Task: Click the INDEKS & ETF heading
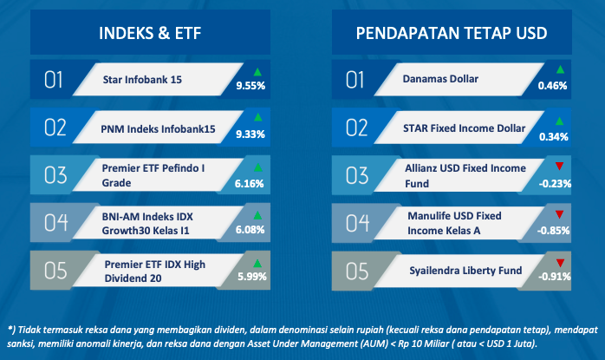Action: click(150, 33)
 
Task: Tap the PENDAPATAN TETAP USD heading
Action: click(452, 33)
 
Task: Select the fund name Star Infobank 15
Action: click(142, 80)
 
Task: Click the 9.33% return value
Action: click(250, 134)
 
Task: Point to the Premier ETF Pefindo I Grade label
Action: click(153, 175)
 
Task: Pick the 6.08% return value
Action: click(250, 230)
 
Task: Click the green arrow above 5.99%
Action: click(257, 264)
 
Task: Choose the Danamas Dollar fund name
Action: click(440, 79)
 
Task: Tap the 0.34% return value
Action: click(554, 137)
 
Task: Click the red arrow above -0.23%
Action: click(559, 166)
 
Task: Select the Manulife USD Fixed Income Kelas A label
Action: click(454, 223)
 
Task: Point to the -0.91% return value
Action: click(555, 277)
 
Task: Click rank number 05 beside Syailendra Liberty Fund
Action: click(357, 271)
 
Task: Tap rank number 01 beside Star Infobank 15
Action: click(53, 80)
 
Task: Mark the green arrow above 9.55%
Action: click(257, 72)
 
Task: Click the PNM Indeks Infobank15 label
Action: click(158, 129)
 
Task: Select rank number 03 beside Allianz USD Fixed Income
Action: click(357, 175)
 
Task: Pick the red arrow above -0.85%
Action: click(559, 214)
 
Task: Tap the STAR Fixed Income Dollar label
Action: click(465, 128)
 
